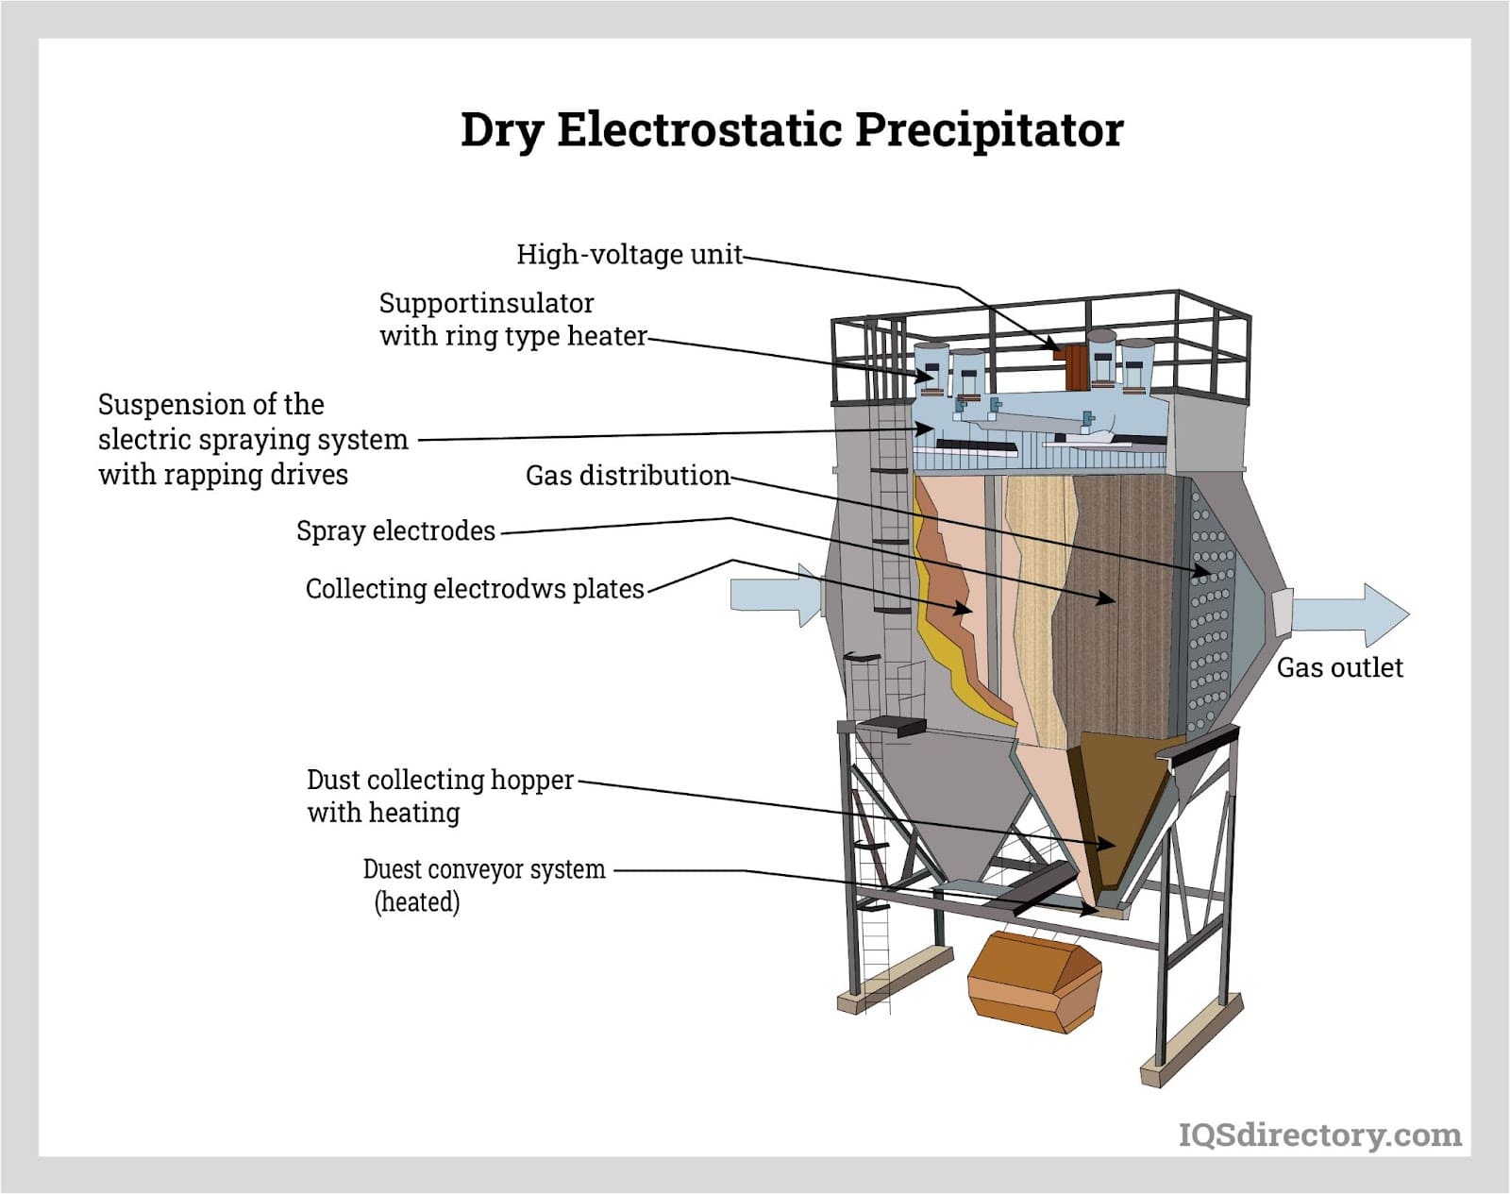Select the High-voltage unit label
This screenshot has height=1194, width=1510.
click(629, 255)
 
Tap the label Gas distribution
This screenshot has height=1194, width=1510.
click(628, 476)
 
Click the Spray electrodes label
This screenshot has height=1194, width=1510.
click(395, 531)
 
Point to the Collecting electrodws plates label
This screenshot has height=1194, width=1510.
click(474, 589)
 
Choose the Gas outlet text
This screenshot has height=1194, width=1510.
click(1339, 668)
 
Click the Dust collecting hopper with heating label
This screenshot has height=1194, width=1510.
click(439, 796)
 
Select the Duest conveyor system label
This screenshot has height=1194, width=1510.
click(483, 869)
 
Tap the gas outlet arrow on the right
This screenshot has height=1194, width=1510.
click(1350, 614)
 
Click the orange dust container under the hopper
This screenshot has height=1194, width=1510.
click(1033, 982)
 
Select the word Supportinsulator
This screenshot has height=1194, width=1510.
click(486, 304)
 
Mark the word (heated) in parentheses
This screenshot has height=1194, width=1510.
click(416, 902)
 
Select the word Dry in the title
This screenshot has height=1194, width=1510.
click(501, 129)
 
